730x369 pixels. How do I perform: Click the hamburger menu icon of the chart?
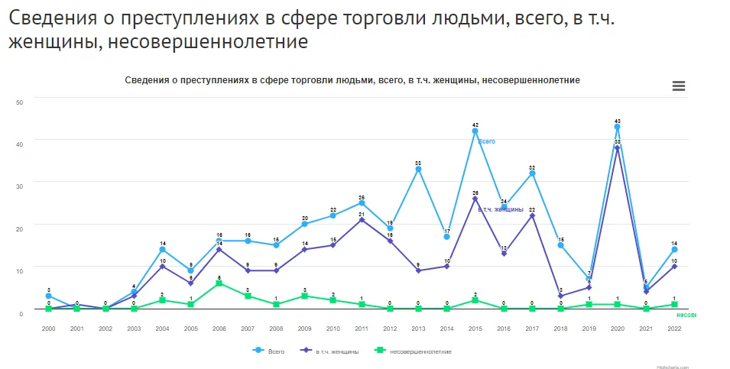[x=678, y=86]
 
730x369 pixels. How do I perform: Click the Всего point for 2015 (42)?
[x=475, y=131]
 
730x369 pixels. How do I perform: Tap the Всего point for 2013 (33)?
[x=418, y=169]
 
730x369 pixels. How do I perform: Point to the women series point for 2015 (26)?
[x=475, y=199]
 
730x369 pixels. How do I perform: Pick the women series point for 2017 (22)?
[x=532, y=215]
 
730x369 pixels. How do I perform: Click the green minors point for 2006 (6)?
[x=219, y=283]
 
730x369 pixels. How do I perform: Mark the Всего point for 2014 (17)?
[x=446, y=237]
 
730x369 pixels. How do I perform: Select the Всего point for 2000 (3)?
[x=49, y=296]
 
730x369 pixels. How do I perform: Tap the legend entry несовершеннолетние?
[x=413, y=351]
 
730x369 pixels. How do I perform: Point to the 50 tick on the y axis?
[x=19, y=102]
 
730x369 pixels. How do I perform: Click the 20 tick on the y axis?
[x=19, y=227]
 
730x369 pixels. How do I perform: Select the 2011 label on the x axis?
[x=362, y=328]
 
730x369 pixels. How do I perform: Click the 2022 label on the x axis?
[x=674, y=328]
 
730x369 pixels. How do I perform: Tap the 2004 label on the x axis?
[x=162, y=328]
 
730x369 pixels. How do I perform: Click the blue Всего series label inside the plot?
[x=487, y=141]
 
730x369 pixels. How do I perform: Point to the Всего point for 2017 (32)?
[x=532, y=173]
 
